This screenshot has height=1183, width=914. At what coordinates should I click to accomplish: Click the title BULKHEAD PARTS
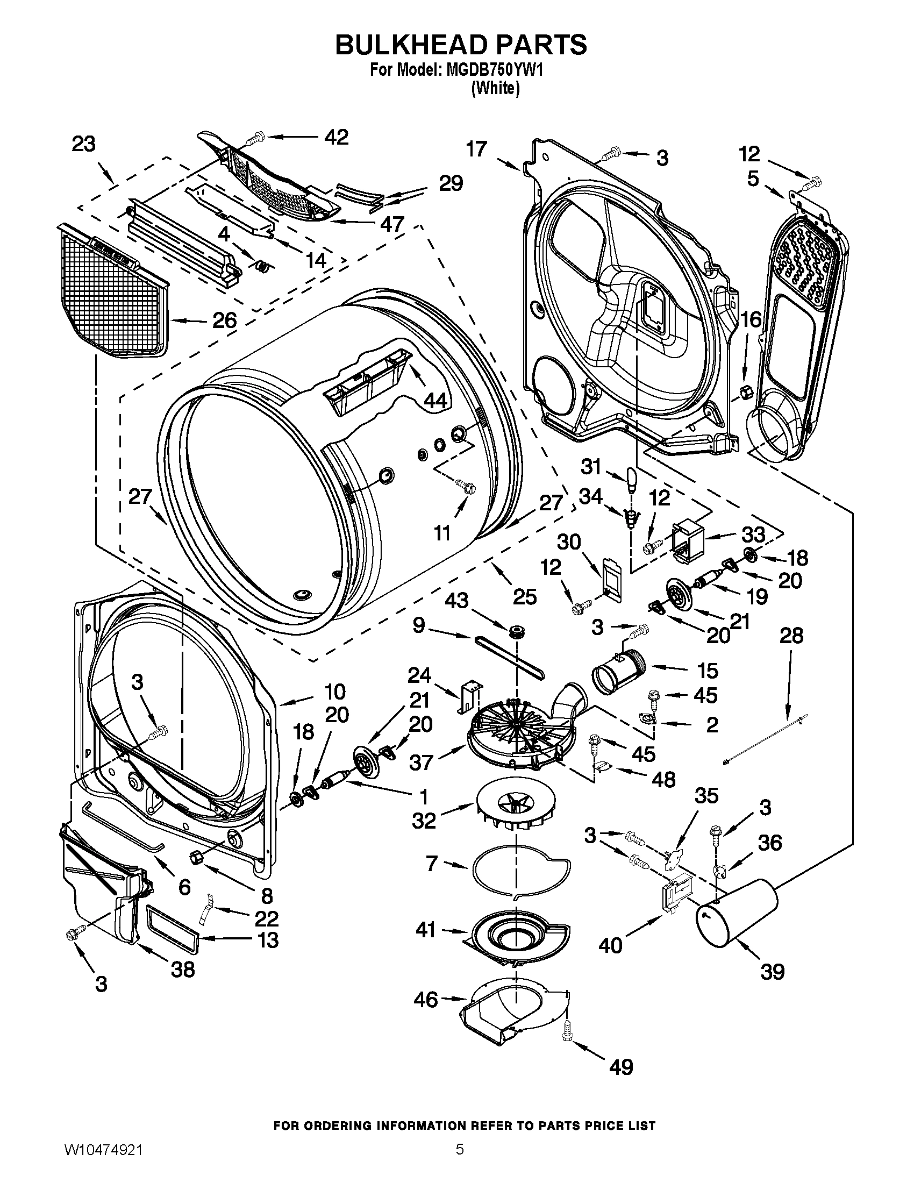point(461,46)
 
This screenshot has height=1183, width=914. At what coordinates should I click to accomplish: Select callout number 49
point(621,1066)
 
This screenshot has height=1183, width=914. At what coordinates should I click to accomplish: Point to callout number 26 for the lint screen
point(224,320)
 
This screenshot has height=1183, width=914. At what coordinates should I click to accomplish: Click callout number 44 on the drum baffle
point(435,400)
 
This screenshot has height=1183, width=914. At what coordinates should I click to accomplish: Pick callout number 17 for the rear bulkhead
point(477,149)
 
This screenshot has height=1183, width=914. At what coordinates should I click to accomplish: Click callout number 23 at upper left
point(83,145)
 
